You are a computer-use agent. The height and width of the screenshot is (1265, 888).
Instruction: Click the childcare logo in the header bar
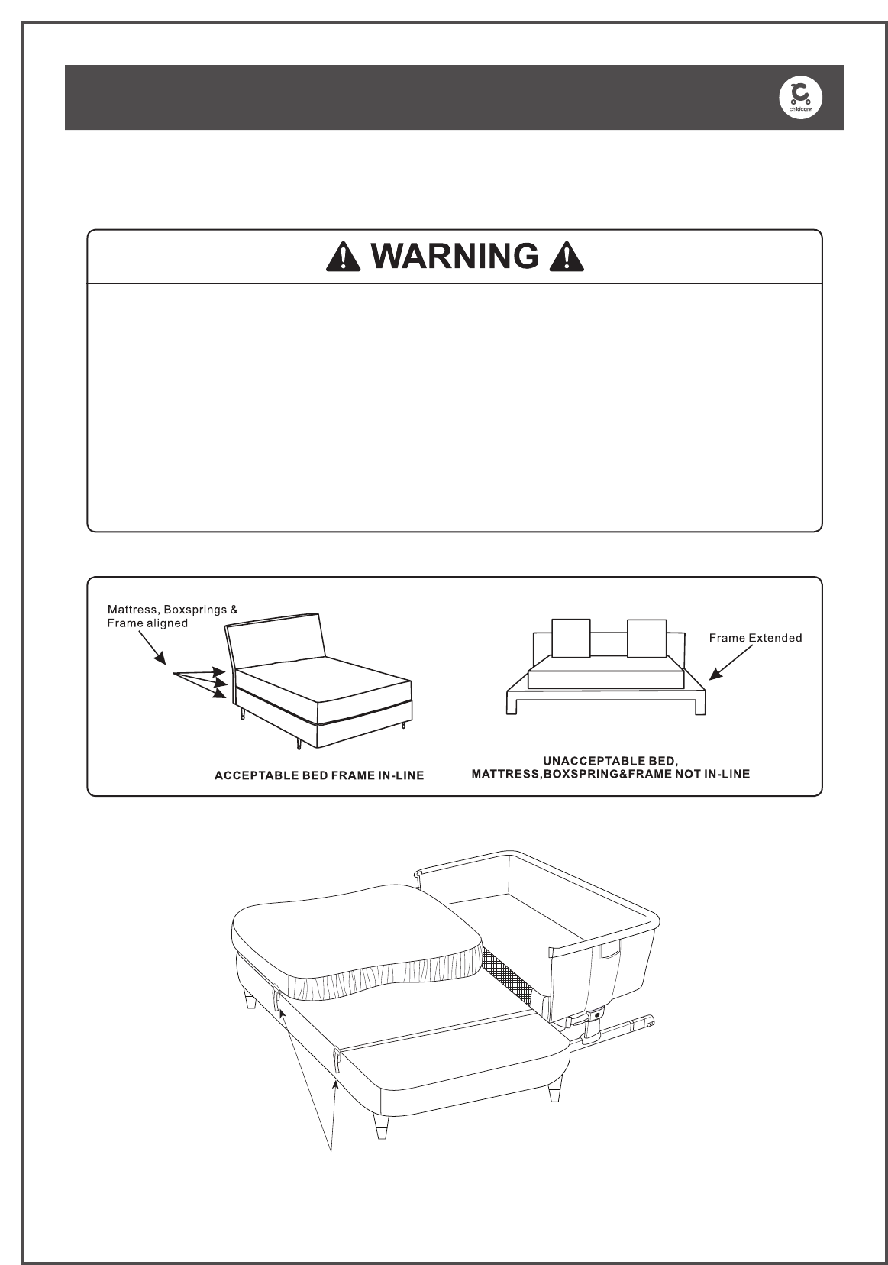click(x=800, y=97)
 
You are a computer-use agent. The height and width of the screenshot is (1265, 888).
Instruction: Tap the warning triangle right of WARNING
click(x=567, y=257)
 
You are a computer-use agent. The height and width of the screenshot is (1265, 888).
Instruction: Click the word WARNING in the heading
click(x=456, y=257)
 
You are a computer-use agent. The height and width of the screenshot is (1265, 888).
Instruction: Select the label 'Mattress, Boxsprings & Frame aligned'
click(x=172, y=616)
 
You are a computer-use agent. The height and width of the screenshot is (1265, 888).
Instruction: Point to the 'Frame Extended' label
click(x=755, y=638)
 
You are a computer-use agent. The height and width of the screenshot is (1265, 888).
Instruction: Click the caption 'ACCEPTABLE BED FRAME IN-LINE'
click(x=318, y=775)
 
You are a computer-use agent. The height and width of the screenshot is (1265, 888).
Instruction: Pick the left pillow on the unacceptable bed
click(x=571, y=638)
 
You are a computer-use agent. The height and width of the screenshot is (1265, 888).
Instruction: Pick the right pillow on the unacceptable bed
click(x=647, y=638)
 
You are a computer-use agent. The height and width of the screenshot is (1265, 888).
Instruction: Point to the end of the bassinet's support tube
click(x=649, y=1021)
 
